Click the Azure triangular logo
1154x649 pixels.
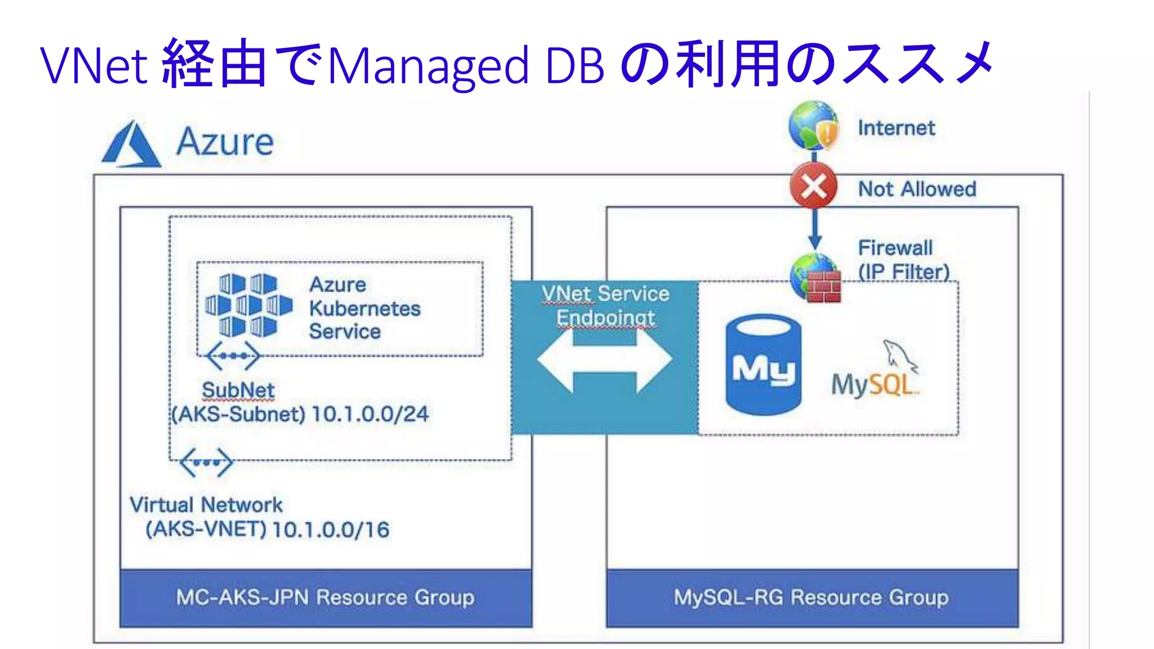point(131,145)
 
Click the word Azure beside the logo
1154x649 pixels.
point(225,141)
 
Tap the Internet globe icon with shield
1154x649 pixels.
point(813,126)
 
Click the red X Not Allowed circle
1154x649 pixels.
point(813,186)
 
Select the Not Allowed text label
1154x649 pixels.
point(917,189)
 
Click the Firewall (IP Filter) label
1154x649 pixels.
point(903,260)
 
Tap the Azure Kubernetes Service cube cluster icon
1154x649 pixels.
point(248,305)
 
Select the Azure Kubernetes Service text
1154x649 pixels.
point(364,308)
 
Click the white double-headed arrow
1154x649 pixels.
point(604,359)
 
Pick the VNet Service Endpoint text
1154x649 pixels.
point(605,305)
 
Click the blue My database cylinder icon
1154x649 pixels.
point(763,364)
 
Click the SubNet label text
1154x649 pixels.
point(238,390)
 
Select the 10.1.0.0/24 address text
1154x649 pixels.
point(370,414)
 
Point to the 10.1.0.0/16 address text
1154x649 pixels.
point(330,530)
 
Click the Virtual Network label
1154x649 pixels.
point(206,505)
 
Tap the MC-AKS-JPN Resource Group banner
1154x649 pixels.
point(325,597)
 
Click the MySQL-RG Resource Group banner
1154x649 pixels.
point(811,597)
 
